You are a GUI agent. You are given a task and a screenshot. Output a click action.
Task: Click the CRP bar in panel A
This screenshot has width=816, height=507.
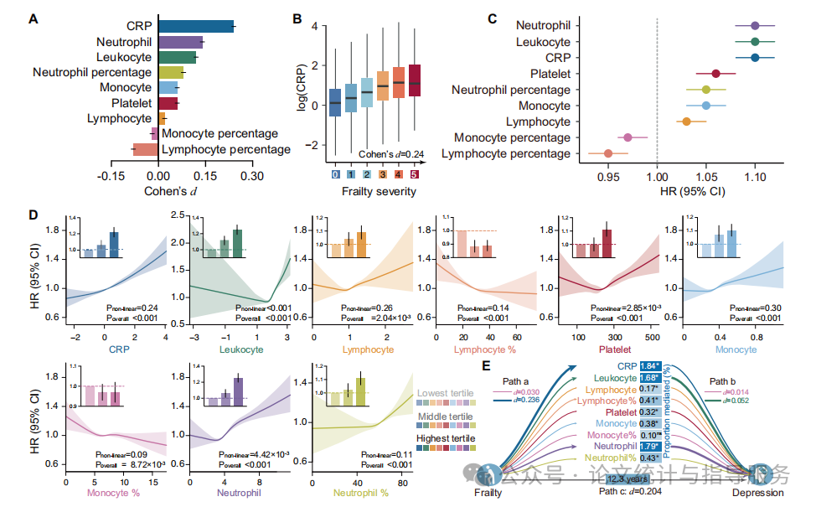coord(195,27)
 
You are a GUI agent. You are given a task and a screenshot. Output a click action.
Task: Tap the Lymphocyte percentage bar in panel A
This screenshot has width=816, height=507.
coord(146,150)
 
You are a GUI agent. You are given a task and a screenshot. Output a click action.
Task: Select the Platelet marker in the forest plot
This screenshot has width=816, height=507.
coord(715,74)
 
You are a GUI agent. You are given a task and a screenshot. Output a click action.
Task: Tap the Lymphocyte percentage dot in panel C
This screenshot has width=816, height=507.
coord(608,153)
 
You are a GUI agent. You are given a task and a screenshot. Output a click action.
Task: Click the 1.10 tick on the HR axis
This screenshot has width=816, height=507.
coord(756,177)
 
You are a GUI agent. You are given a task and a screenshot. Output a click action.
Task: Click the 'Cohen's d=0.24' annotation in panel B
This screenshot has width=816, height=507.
coord(391,154)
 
